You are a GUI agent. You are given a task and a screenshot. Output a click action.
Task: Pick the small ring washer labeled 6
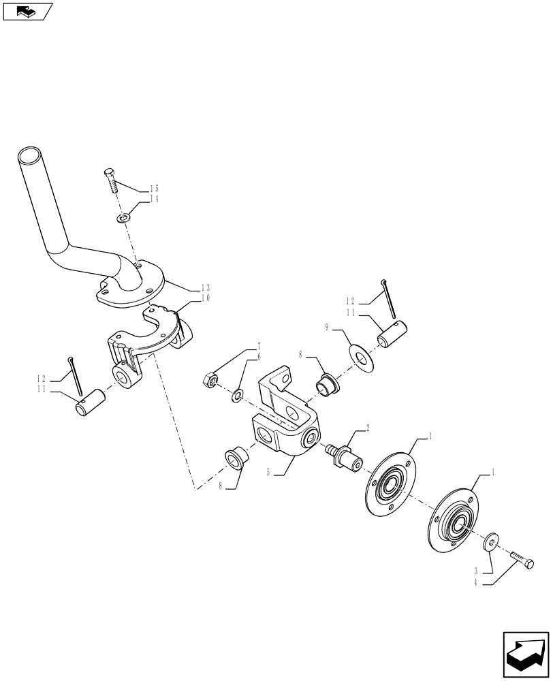tap(236, 394)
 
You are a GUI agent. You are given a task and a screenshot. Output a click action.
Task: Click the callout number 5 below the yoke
tap(270, 471)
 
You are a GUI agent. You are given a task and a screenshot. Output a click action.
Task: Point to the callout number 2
tap(368, 428)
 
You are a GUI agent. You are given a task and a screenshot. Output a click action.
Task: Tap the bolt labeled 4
tap(522, 561)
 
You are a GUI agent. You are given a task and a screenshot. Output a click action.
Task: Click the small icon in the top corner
tap(27, 11)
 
